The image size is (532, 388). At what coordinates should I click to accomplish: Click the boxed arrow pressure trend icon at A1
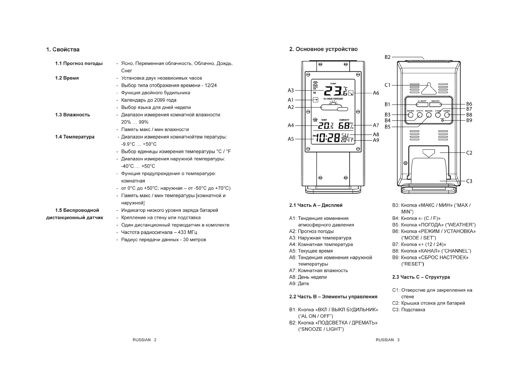315,99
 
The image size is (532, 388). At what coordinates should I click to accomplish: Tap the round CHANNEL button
447,115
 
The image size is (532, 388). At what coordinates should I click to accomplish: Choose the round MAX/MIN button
410,115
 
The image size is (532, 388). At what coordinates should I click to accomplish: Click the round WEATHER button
428,115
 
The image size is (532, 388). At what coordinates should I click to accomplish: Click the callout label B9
469,120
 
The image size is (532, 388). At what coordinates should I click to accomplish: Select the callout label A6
376,93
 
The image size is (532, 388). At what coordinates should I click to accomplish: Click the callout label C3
469,181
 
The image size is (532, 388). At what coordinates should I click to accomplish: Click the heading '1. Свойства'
63,50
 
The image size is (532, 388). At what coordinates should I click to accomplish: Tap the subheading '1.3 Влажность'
73,115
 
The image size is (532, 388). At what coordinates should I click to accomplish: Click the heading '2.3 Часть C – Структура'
421,277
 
